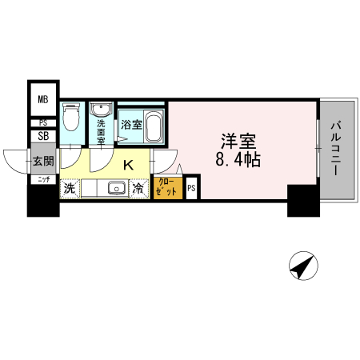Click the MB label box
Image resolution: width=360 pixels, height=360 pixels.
(42, 100)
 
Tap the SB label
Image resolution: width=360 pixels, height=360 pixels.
(42, 136)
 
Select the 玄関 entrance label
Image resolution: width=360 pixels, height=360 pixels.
(42, 161)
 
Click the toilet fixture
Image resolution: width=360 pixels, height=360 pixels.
(70, 118)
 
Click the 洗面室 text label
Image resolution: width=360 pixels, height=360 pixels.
(102, 129)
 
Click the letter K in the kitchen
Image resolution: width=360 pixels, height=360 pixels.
(128, 166)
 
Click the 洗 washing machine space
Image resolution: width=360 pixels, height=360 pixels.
(70, 189)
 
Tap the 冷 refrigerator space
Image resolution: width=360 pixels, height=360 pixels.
(138, 190)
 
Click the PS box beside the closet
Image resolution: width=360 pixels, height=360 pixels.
(191, 189)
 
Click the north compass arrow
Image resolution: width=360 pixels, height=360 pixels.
(303, 266)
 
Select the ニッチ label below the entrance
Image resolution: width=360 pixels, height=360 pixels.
(42, 179)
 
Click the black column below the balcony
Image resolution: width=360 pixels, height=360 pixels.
(303, 200)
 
